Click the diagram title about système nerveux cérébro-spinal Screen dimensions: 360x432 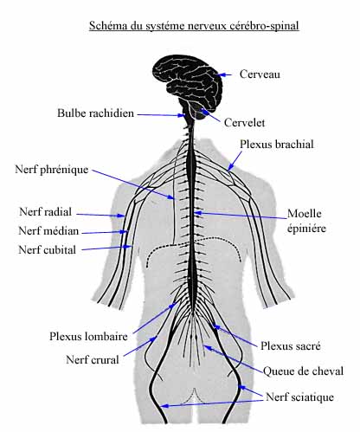click(194, 26)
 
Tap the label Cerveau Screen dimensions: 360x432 click(260, 74)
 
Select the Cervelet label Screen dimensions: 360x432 click(244, 123)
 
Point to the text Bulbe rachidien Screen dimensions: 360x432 click(95, 113)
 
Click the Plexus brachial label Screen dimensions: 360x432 click(277, 144)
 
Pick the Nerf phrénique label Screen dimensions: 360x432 click(52, 170)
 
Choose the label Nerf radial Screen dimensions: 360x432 click(45, 212)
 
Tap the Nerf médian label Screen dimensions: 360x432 click(48, 231)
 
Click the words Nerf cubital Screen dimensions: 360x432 click(48, 249)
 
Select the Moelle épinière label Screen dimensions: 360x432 click(306, 221)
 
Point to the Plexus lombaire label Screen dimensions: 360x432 click(88, 336)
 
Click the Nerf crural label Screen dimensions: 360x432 click(93, 360)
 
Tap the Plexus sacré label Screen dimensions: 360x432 click(291, 345)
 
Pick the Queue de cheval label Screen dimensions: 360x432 click(303, 371)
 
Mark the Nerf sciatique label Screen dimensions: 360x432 click(299, 397)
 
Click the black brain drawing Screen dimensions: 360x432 click(188, 87)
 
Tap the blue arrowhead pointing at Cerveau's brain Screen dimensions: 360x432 click(221, 74)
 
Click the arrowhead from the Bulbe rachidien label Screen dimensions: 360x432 click(182, 115)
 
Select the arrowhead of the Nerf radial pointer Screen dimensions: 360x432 click(120, 216)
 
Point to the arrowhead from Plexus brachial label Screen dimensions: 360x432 click(230, 168)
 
